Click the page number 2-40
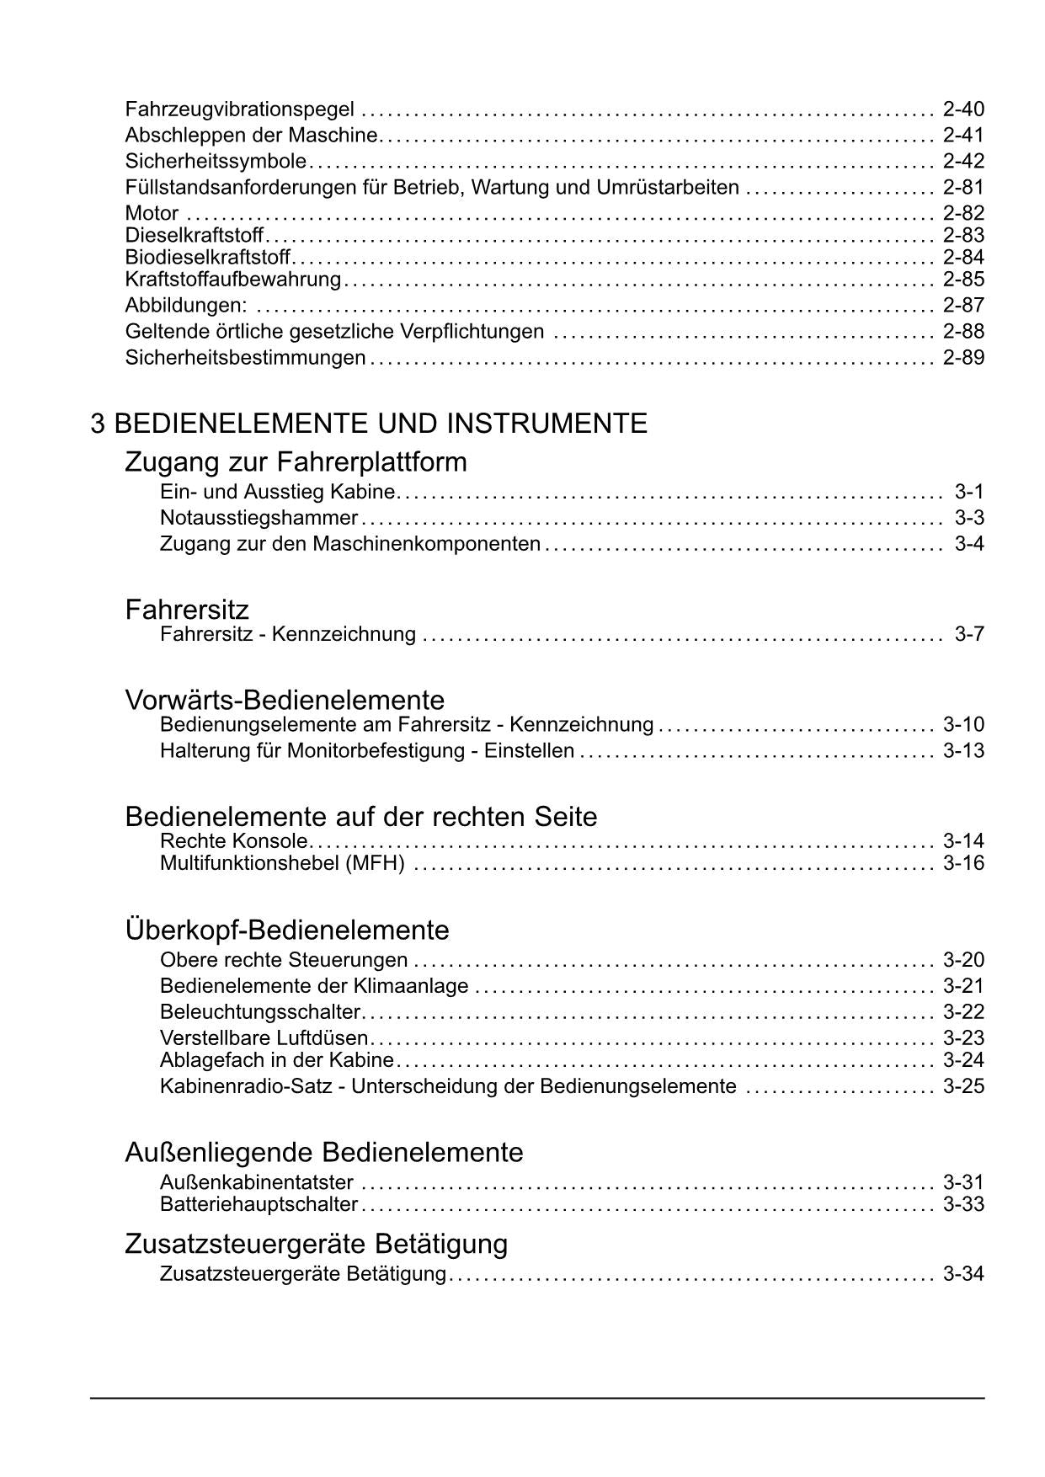[963, 109]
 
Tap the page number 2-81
[963, 188]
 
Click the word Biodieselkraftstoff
[207, 257]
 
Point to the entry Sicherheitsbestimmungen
[245, 358]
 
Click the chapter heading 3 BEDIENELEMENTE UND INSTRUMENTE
[369, 423]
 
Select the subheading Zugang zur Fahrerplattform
[296, 462]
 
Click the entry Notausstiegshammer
[259, 518]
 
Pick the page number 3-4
[969, 544]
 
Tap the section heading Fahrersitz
[187, 609]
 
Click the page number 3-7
[969, 634]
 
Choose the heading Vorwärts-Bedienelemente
[285, 700]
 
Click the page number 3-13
[963, 751]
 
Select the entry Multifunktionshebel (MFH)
[282, 864]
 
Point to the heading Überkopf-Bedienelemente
[287, 930]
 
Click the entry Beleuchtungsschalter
[260, 1012]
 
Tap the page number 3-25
[963, 1086]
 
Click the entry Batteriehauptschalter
[259, 1205]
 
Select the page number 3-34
[963, 1274]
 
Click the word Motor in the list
[152, 214]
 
